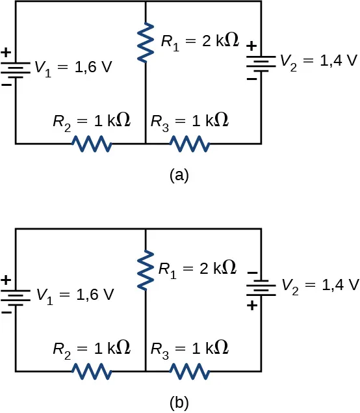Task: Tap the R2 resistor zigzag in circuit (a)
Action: tap(92, 143)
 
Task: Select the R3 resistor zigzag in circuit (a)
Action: tap(189, 143)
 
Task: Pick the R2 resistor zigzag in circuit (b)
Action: tap(92, 371)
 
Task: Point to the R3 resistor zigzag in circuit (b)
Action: tap(189, 371)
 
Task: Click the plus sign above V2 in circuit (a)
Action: tap(251, 47)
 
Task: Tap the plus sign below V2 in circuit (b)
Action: tap(251, 304)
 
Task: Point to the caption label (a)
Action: tap(179, 175)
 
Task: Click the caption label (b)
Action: tap(179, 403)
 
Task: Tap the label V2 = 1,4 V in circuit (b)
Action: tap(319, 284)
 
